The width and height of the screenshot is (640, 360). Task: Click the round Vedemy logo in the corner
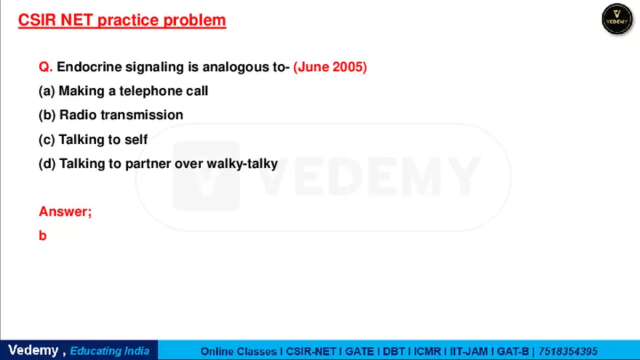tap(617, 19)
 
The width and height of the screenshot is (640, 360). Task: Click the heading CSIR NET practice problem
tap(121, 20)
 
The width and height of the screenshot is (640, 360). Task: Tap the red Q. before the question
tap(46, 67)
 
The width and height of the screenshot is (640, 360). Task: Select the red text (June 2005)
tap(330, 67)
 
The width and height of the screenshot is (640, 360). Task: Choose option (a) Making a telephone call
tap(123, 91)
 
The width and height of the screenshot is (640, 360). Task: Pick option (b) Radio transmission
tap(111, 115)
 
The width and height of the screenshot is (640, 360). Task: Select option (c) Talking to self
tap(93, 140)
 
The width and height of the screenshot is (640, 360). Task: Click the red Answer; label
tap(65, 212)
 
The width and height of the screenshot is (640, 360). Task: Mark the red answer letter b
tap(43, 236)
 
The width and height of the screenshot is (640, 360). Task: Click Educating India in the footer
tap(110, 351)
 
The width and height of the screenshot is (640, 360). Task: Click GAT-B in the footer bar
tap(513, 351)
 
